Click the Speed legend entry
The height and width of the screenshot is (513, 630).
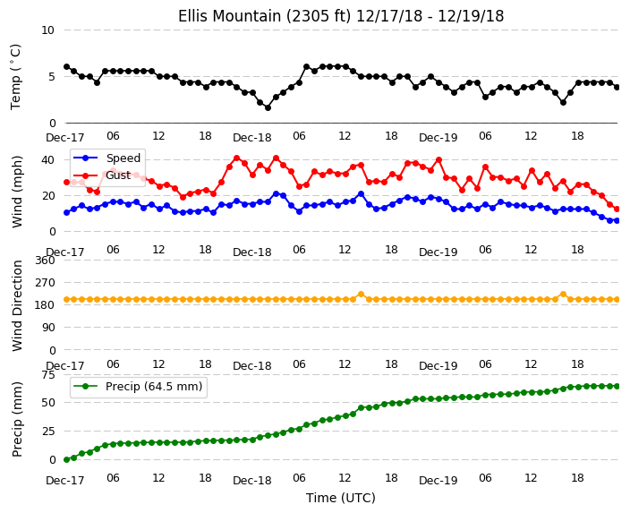(x=106, y=158)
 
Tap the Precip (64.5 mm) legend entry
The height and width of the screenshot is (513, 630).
(x=137, y=387)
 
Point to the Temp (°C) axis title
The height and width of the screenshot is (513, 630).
(x=15, y=76)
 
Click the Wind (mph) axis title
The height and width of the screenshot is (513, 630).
(x=17, y=192)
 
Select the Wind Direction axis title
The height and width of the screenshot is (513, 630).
(x=17, y=305)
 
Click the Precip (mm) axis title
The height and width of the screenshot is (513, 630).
(x=17, y=419)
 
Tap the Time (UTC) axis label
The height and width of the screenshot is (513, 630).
(x=341, y=498)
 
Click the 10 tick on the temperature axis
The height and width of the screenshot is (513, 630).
(x=47, y=30)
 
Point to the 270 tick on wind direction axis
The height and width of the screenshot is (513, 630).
(x=45, y=283)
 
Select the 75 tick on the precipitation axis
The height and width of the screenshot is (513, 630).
(x=47, y=375)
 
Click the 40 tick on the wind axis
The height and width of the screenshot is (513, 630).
(x=47, y=160)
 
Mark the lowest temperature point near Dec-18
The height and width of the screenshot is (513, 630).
(x=268, y=107)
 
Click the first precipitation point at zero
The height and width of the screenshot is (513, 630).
(x=67, y=459)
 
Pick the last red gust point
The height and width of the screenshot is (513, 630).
(x=617, y=209)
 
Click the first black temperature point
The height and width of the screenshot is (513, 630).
(x=67, y=67)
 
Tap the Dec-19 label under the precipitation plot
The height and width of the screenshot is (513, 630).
(x=438, y=481)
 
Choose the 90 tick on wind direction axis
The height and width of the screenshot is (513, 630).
(x=47, y=328)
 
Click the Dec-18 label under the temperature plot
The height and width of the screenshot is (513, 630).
(x=252, y=138)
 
